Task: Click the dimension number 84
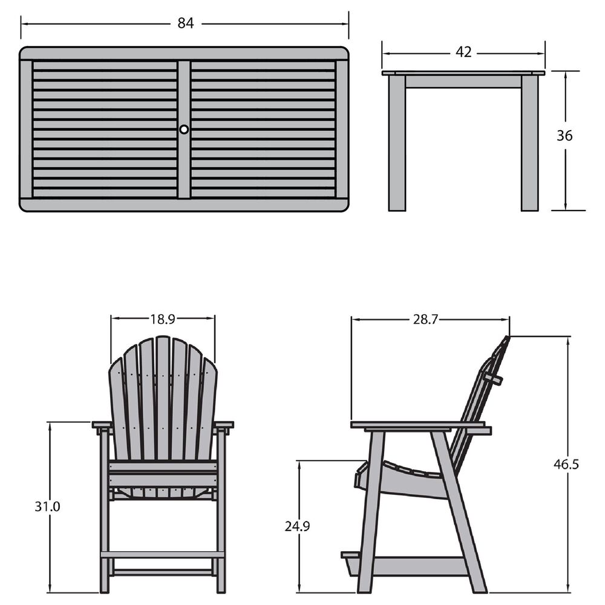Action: [x=185, y=23]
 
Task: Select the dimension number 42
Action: [x=463, y=53]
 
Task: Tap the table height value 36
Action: [x=564, y=136]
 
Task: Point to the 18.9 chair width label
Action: [x=162, y=318]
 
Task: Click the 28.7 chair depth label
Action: [x=425, y=319]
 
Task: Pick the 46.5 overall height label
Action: [x=566, y=465]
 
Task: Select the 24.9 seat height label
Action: [x=297, y=526]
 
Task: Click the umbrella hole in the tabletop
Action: [x=184, y=129]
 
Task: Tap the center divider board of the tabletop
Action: [x=184, y=163]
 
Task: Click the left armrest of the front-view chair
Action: [x=102, y=425]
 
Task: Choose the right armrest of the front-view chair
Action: [x=224, y=425]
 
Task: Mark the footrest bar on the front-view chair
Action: [x=162, y=554]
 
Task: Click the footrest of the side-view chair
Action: [x=350, y=555]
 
